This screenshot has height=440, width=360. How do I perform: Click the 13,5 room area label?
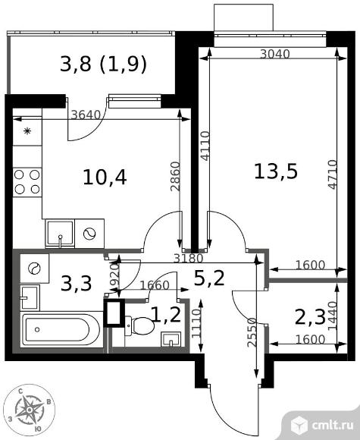click(275, 171)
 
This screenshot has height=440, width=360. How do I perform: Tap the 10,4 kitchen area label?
click(105, 178)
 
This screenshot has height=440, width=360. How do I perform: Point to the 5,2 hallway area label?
click(209, 278)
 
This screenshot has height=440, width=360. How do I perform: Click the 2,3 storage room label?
click(310, 318)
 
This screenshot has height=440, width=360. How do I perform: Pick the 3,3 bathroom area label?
click(77, 284)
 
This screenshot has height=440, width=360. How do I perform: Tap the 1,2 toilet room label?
click(166, 315)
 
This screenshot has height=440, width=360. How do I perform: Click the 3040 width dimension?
click(275, 54)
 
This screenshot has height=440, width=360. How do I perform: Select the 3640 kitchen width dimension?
click(86, 115)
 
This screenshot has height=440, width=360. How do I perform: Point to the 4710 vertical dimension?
click(332, 174)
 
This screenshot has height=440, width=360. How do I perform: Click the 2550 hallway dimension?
click(252, 332)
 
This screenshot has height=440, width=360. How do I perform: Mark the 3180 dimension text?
click(188, 258)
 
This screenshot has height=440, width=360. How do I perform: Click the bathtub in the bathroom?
click(61, 330)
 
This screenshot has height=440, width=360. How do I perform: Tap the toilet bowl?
click(139, 325)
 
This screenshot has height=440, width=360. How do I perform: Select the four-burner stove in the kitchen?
click(27, 182)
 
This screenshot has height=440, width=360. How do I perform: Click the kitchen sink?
click(60, 234)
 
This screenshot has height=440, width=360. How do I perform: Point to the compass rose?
click(30, 410)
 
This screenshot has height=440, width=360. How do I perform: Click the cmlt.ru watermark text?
click(333, 426)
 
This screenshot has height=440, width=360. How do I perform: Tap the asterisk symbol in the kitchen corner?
click(27, 131)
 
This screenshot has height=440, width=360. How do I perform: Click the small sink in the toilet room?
click(171, 339)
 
